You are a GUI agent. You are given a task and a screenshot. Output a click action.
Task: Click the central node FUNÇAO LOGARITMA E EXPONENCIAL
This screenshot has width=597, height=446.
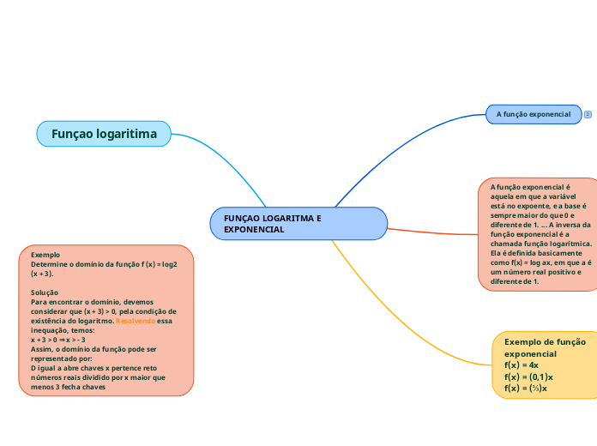pos(298,224)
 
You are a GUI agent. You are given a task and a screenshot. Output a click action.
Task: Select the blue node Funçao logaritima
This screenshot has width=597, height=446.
pos(104,134)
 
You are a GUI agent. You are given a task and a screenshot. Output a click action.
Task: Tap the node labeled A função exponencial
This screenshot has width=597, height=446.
pos(533,114)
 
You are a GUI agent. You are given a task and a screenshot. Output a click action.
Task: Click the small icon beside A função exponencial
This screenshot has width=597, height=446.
pos(588,114)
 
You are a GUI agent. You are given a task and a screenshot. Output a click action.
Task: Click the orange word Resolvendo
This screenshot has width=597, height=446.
pos(136,321)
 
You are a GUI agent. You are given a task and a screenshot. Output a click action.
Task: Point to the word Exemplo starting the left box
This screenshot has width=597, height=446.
pos(45,255)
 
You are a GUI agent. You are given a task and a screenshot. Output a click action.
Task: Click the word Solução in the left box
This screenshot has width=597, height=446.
pos(45,292)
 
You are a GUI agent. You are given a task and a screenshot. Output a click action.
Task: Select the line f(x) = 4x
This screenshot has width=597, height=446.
pos(522,365)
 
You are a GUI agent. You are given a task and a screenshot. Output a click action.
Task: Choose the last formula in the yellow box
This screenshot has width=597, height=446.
pos(526,389)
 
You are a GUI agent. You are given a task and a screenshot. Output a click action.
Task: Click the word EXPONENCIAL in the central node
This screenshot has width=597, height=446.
pos(254,230)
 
